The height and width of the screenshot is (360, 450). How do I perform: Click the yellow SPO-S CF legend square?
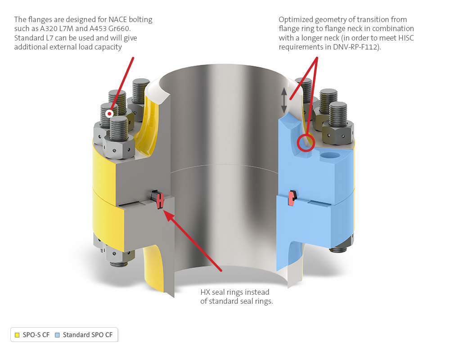17,335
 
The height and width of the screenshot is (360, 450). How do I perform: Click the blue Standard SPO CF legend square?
58,335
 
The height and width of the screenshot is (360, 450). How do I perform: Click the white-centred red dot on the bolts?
109,114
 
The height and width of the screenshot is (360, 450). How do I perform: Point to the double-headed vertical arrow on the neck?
284,100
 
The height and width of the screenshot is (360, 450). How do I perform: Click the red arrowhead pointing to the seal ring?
168,216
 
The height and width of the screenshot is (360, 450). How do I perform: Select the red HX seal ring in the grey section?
160,200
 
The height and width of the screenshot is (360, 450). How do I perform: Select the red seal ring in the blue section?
292,198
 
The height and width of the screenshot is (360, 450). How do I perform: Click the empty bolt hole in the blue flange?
330,155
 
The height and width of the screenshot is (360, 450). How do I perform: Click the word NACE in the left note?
117,19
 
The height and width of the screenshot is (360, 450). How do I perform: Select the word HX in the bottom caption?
205,292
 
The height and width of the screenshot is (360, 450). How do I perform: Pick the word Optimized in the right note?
296,20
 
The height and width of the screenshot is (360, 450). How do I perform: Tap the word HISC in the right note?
406,38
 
